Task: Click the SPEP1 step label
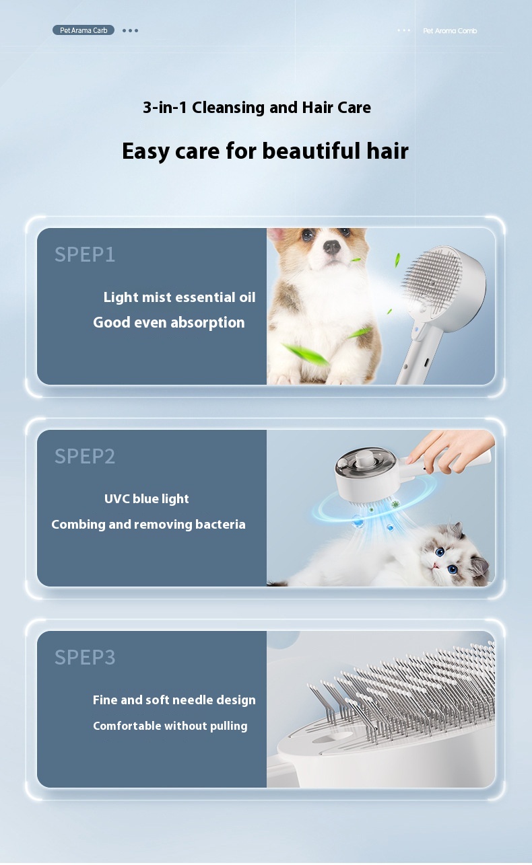click(85, 255)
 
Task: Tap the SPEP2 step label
click(85, 456)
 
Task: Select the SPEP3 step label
click(85, 657)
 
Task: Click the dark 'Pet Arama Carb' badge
click(84, 30)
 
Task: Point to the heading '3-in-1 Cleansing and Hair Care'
click(257, 107)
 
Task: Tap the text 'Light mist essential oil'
click(179, 297)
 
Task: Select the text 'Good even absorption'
click(168, 323)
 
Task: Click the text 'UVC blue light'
click(146, 499)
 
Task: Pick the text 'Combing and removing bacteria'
click(148, 525)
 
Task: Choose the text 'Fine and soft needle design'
click(174, 700)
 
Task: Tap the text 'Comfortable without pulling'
click(170, 726)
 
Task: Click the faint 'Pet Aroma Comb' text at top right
click(450, 31)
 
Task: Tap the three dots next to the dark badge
click(130, 30)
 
